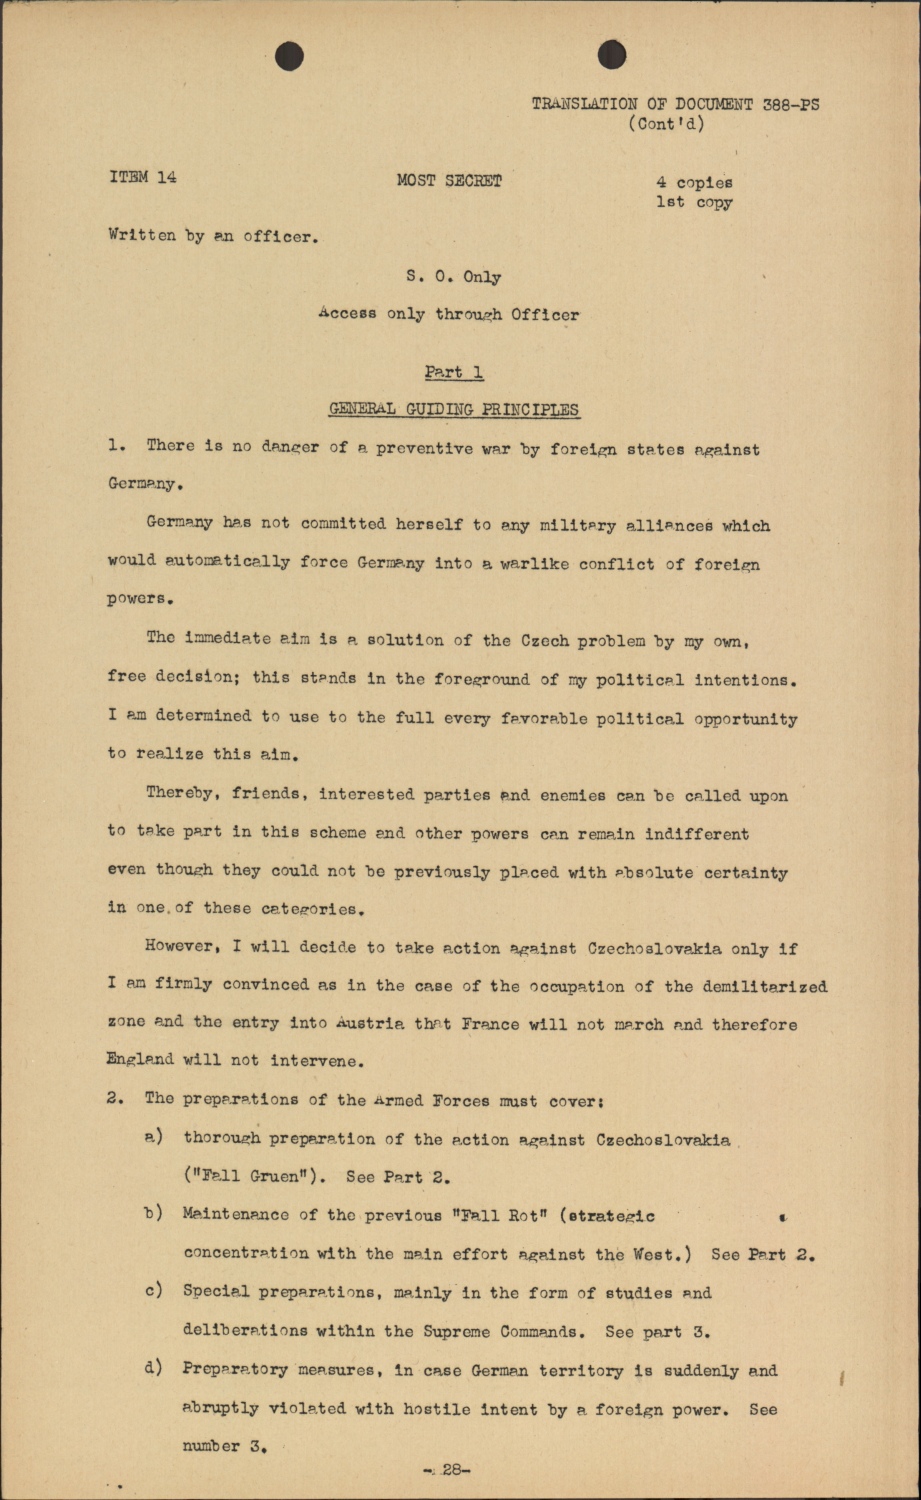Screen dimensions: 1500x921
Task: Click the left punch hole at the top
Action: [x=289, y=56]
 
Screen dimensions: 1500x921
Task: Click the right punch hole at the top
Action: [x=612, y=56]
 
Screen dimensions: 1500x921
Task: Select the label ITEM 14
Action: [x=143, y=178]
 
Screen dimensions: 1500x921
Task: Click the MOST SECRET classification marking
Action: [x=449, y=181]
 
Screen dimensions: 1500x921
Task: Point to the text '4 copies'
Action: [x=694, y=183]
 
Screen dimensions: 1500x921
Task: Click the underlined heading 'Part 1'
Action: [x=454, y=372]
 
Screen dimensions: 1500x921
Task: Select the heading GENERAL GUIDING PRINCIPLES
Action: [x=454, y=409]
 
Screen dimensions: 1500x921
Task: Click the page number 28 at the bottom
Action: [x=449, y=1470]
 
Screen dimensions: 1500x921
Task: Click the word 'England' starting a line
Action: [x=140, y=1060]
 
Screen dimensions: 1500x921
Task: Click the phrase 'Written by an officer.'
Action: [x=210, y=238]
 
